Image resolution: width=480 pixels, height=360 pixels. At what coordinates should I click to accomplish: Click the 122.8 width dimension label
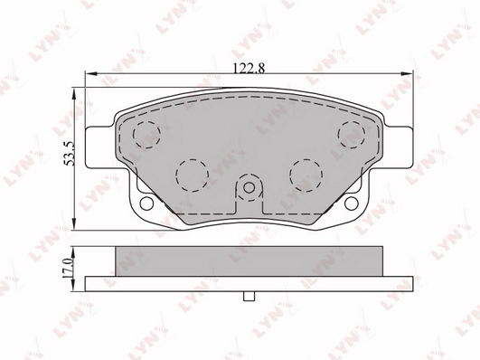point(249,68)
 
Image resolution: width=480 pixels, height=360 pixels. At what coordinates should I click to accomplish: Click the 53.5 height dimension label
point(70,153)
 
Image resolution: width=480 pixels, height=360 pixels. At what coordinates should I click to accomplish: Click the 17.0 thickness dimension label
point(68,268)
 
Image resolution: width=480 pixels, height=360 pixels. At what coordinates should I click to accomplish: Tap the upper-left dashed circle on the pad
point(147,122)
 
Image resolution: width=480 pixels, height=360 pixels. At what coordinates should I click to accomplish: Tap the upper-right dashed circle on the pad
point(352,122)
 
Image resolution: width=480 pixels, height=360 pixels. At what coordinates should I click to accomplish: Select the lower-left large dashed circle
point(193,160)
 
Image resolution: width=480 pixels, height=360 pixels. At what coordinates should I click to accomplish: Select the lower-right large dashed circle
point(306,160)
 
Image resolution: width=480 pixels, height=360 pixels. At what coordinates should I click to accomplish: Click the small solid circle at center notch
point(249,187)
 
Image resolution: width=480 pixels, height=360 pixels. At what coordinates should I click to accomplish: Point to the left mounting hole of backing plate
point(146,204)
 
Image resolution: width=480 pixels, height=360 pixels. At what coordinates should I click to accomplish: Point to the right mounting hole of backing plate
point(351,204)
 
